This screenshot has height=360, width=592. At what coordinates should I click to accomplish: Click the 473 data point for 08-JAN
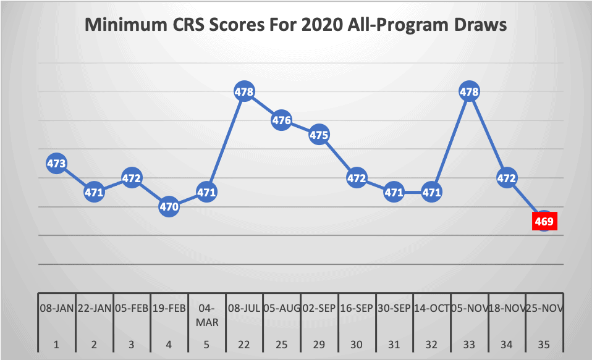57,164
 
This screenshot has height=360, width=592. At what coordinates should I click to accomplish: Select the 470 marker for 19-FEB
169,207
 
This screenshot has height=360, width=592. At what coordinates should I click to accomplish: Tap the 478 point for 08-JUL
244,92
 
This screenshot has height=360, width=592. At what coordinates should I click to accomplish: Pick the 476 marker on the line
282,120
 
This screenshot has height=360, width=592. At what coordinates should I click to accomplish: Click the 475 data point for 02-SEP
319,135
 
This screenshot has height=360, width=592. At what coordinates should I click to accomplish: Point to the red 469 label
544,220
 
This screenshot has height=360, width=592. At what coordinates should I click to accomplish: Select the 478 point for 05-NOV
470,92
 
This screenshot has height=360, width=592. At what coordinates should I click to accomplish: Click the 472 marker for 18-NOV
507,178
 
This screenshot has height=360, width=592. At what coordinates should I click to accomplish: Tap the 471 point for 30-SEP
394,192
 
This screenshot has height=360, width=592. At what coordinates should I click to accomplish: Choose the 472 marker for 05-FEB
132,178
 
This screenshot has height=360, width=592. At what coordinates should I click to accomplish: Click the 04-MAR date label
206,312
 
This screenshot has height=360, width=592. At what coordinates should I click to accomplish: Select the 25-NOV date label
544,307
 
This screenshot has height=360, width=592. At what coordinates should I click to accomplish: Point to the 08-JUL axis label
244,307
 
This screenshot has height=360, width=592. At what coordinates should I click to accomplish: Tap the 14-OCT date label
431,307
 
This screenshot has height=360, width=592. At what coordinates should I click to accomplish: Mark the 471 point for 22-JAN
95,192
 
